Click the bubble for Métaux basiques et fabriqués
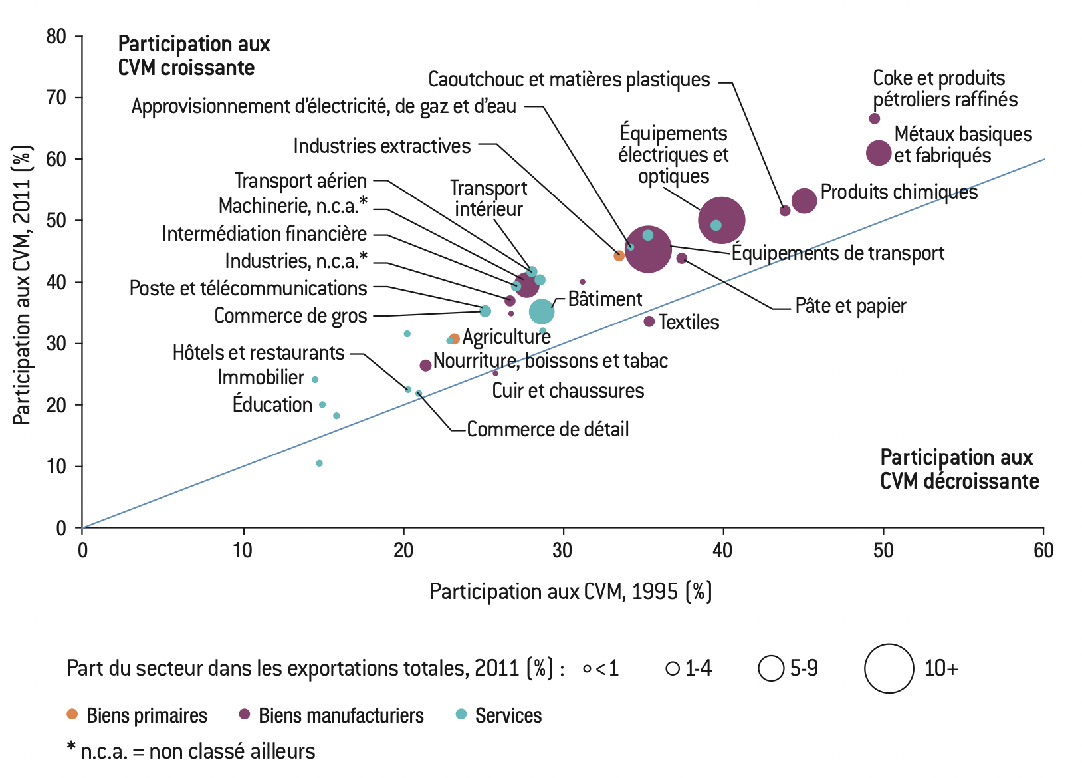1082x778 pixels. click(879, 153)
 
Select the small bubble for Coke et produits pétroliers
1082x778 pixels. click(875, 118)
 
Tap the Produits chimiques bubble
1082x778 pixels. click(804, 200)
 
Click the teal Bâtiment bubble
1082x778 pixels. click(542, 311)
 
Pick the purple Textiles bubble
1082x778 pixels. click(649, 322)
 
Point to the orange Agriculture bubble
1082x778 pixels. click(455, 339)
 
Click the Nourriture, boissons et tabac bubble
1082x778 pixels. click(425, 366)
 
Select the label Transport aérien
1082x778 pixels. click(300, 180)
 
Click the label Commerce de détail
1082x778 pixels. click(548, 429)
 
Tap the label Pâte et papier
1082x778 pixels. click(851, 306)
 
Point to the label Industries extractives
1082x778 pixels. click(382, 146)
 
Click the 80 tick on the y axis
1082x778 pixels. click(56, 36)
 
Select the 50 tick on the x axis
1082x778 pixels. click(883, 550)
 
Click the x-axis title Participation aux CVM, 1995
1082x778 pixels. click(570, 591)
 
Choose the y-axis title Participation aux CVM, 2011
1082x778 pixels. click(22, 285)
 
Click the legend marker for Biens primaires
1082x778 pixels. click(72, 715)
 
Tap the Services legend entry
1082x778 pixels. click(508, 715)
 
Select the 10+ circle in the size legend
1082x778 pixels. click(889, 668)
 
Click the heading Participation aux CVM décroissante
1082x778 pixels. click(959, 469)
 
